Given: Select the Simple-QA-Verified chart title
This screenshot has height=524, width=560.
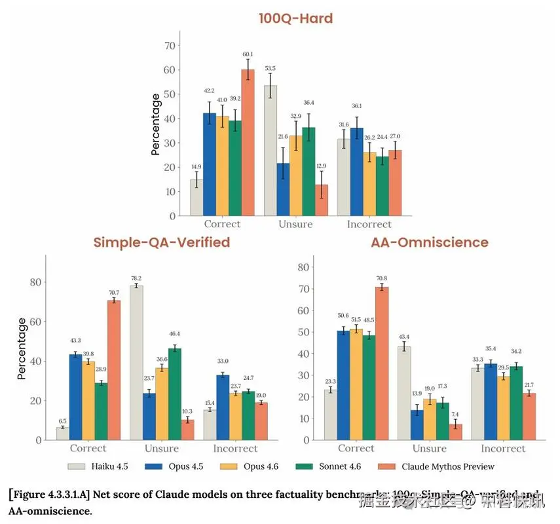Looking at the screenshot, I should [x=161, y=242].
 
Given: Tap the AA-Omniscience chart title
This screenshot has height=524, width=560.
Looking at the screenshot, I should [x=430, y=242].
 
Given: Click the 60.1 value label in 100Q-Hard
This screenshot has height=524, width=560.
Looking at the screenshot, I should [x=248, y=55].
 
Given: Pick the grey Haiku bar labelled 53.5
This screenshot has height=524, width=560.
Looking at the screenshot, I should [x=271, y=151].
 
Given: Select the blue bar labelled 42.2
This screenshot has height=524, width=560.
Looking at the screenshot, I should [x=209, y=164].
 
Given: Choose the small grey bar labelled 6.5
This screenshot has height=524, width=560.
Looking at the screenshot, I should [x=63, y=433].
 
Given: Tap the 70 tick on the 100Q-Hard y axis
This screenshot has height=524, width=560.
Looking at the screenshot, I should [x=170, y=46].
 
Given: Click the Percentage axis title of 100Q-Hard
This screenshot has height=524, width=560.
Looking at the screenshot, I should [x=156, y=124].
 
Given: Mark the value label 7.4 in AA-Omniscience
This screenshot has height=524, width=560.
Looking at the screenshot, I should [x=455, y=415].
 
